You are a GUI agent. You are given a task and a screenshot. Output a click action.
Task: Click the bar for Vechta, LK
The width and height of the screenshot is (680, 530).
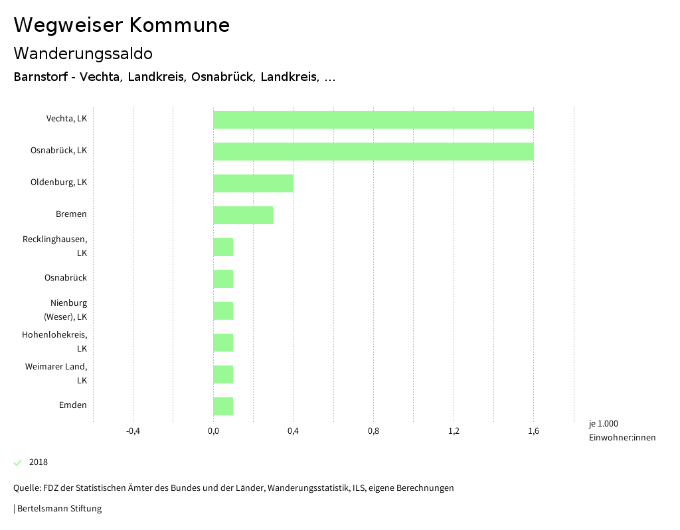(373, 119)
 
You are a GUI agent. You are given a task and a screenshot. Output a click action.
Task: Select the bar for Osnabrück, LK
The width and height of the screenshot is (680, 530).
(373, 151)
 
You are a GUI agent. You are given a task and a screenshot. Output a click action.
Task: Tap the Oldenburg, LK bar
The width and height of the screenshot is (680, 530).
(253, 183)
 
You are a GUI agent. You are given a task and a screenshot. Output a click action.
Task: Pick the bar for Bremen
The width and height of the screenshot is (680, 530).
(243, 215)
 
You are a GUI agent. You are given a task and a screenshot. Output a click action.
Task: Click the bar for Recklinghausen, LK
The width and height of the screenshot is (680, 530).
(223, 247)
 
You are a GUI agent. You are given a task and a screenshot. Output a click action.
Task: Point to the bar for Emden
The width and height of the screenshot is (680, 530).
(223, 406)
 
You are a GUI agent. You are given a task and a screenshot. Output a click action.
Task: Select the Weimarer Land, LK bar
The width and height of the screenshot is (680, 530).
(223, 374)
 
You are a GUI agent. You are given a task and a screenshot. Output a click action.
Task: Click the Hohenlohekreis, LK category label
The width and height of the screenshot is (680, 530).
(54, 342)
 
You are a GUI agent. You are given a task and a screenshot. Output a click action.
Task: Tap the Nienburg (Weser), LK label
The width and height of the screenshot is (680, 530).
(65, 310)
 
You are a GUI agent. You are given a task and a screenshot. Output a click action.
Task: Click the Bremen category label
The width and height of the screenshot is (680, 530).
(71, 214)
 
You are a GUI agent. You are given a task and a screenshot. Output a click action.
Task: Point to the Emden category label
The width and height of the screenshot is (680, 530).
(72, 405)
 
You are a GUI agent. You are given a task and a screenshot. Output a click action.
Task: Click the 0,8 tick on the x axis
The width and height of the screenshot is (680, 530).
(373, 432)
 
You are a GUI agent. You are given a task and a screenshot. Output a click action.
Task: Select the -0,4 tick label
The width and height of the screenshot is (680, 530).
(133, 432)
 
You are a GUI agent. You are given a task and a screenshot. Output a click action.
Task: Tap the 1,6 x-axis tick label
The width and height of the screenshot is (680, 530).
(533, 432)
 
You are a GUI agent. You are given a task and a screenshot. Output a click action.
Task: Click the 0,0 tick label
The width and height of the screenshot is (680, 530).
(213, 432)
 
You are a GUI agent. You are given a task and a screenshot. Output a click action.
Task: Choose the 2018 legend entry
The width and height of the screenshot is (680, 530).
(38, 462)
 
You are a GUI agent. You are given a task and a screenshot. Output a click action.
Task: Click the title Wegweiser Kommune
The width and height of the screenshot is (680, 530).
(122, 25)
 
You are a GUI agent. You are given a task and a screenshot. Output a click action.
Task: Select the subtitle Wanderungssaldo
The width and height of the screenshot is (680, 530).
(83, 53)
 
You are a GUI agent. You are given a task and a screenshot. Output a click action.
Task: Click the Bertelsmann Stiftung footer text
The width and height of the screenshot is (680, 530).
(58, 509)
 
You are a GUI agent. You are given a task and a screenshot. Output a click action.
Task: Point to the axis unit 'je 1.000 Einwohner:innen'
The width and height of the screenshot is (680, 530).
(622, 431)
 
